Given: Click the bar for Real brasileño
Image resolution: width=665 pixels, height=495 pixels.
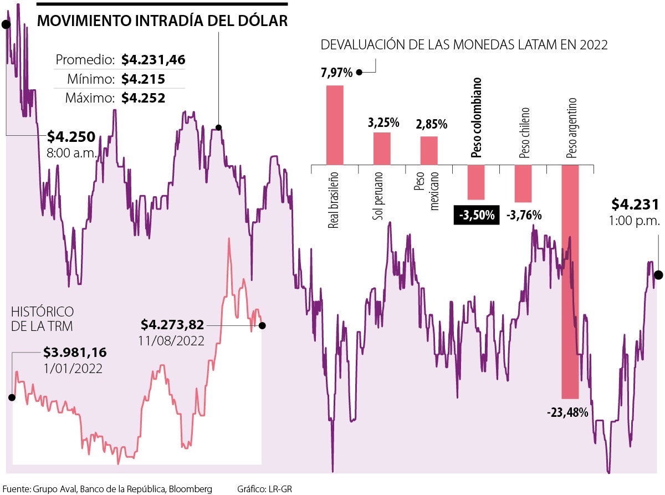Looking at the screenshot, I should pos(335,125).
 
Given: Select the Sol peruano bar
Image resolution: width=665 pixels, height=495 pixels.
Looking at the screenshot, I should pos(382,148).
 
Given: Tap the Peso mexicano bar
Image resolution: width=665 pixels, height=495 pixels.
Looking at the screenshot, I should pos(429,150).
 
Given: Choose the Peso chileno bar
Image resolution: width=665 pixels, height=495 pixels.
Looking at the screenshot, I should pos(523,183).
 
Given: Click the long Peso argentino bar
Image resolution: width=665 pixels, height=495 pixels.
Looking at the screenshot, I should pos(570,282).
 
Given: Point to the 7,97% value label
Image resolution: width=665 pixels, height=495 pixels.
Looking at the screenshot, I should pos(336,72).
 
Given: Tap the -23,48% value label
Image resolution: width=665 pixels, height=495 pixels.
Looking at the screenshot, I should pos(567,412).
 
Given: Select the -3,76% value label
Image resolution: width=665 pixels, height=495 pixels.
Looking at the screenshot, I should pos(524,215).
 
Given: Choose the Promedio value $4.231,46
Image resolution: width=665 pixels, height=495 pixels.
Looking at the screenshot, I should pos(153,60).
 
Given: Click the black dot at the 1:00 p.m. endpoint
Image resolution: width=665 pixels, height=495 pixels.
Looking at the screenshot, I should pos(658,275).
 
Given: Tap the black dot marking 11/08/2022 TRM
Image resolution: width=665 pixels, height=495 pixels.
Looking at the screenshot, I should pos(262,325).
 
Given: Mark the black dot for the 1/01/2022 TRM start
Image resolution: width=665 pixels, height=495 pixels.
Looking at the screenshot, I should pos(11,397).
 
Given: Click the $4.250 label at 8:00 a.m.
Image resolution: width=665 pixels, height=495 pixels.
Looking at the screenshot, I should pos(71,136).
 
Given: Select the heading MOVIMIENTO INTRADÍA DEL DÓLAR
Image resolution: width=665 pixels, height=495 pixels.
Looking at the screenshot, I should pos(162,21).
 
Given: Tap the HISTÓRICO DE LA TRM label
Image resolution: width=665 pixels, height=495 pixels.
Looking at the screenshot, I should pos(42,319).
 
